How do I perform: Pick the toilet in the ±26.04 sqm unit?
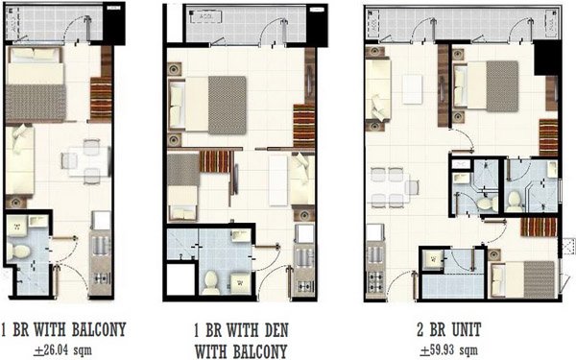pyautogui.click(x=19, y=251)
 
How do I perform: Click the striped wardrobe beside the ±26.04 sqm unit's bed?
pyautogui.click(x=100, y=96)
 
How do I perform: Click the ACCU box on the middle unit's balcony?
pyautogui.click(x=204, y=17)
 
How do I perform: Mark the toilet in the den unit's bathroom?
pyautogui.click(x=211, y=281)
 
